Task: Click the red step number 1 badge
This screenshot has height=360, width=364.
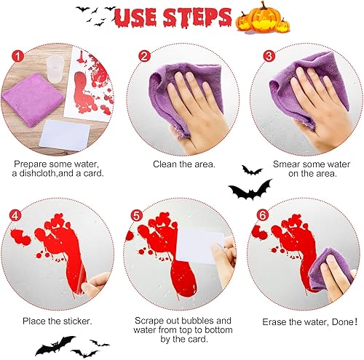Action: [18, 57]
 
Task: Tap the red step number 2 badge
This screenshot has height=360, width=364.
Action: [145, 56]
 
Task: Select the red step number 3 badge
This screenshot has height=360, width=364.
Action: [269, 56]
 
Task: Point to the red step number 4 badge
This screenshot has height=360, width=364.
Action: [15, 215]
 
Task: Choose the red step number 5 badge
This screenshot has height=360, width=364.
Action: [137, 215]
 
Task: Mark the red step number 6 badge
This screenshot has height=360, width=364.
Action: [263, 215]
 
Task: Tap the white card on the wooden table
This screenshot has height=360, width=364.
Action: [65, 135]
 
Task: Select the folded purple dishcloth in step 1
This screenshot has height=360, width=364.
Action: [33, 100]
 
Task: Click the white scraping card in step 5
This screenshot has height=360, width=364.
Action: [199, 247]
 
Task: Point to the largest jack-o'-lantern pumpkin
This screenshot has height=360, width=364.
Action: [263, 17]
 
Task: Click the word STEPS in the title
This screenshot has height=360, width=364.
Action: [197, 17]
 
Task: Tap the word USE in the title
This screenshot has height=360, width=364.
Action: [135, 17]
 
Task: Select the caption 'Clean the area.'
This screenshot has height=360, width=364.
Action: [184, 164]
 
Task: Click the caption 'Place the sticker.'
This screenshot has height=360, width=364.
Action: [58, 321]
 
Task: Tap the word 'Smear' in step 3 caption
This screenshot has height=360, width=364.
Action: [285, 164]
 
